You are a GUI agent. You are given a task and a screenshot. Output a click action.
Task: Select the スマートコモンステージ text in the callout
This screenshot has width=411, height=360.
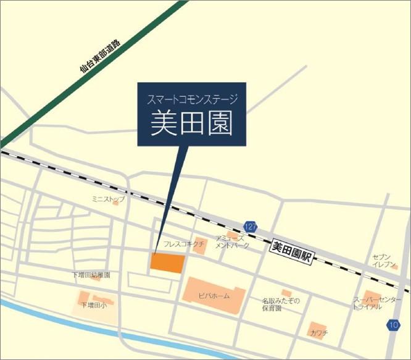(191, 99)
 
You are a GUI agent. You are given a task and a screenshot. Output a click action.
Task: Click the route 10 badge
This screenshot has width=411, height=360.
(394, 325)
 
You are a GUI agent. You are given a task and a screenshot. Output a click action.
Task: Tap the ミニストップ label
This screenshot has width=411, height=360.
(108, 199)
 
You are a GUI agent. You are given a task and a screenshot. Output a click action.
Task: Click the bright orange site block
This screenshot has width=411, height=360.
(168, 262)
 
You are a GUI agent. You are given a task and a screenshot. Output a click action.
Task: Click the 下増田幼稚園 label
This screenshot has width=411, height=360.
(91, 275)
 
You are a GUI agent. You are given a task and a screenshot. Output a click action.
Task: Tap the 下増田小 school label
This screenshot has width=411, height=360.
(92, 304)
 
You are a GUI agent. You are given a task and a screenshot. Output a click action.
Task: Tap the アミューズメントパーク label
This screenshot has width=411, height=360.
(233, 241)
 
